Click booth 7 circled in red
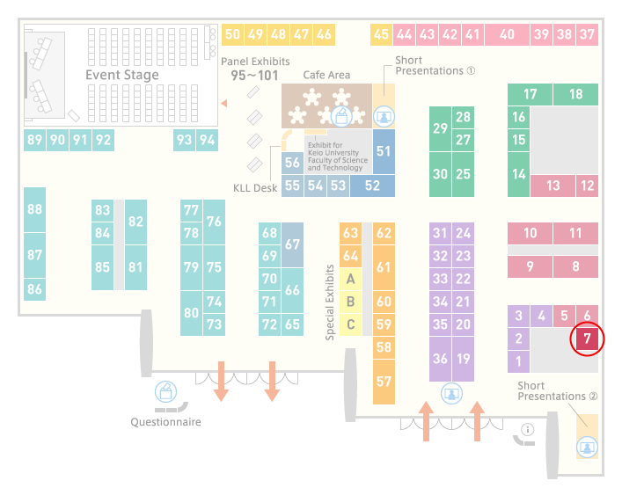[x=587, y=339]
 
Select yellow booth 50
[x=232, y=34]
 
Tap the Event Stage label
[x=122, y=75]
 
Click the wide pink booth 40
[x=507, y=34]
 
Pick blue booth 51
[x=384, y=151]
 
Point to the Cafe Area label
[x=326, y=75]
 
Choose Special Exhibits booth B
[x=351, y=302]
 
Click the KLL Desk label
[x=255, y=188]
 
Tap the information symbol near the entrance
[x=528, y=429]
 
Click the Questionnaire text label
[x=165, y=422]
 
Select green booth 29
[x=440, y=129]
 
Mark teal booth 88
[x=34, y=209]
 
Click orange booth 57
[x=384, y=382]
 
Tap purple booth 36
[x=440, y=359]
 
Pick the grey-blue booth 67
[x=292, y=244]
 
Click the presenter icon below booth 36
[x=451, y=393]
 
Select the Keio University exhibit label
[x=338, y=157]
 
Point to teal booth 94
[x=207, y=140]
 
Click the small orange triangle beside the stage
[x=224, y=104]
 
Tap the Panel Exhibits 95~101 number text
[x=254, y=76]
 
